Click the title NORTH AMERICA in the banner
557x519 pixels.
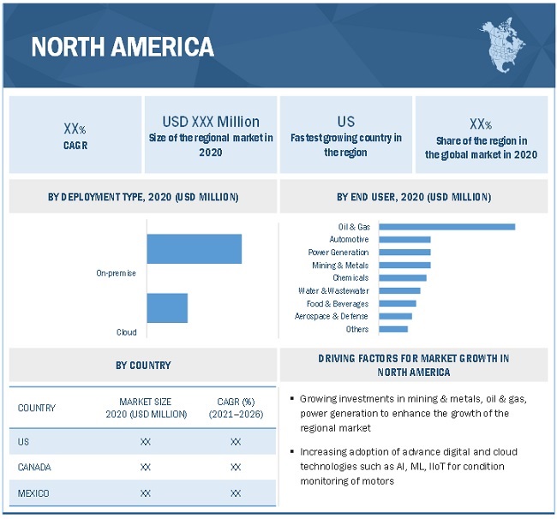coord(123,46)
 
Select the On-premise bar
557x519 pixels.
coord(195,248)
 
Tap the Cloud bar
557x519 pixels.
coord(167,307)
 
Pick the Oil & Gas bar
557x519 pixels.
coord(446,226)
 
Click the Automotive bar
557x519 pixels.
coord(404,239)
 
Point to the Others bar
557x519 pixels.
coord(393,329)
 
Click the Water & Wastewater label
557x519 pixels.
coord(333,290)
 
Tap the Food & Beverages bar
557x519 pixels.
coord(398,303)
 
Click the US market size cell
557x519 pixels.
coord(146,442)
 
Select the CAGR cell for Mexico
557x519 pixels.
coord(236,492)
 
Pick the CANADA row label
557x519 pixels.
coord(35,467)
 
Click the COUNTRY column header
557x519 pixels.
coord(37,408)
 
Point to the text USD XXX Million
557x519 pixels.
coord(211,122)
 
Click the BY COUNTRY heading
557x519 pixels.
coord(143,365)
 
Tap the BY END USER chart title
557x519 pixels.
coord(414,197)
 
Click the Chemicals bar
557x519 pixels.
coord(403,277)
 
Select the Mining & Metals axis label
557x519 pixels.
coord(340,265)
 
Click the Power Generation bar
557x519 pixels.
coord(404,252)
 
